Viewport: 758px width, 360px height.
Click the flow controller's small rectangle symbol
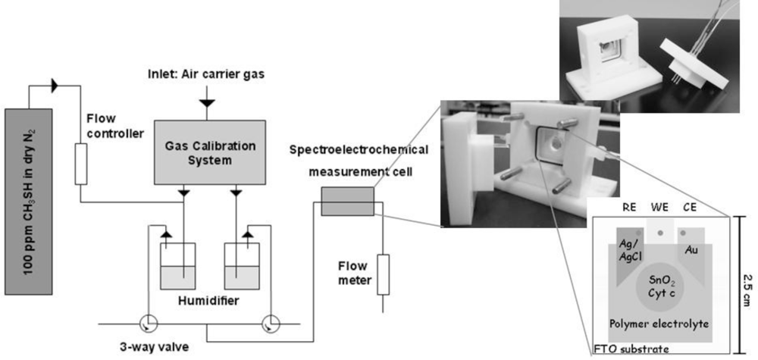click(x=81, y=167)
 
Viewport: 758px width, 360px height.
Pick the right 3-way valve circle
click(x=269, y=324)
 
